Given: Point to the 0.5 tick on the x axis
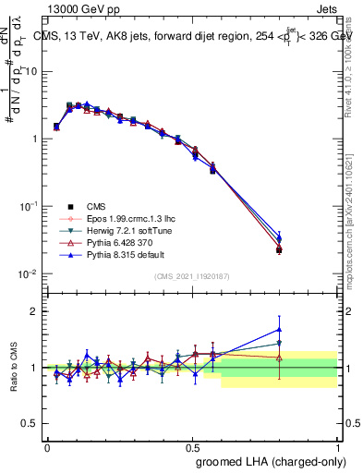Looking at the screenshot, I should click(192, 446).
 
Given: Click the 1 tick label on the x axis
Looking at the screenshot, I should click(337, 446).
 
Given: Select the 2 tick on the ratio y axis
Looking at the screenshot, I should click(36, 311).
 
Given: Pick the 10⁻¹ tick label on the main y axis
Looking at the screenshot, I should click(28, 207).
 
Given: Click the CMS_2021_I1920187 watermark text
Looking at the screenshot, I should click(192, 277).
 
